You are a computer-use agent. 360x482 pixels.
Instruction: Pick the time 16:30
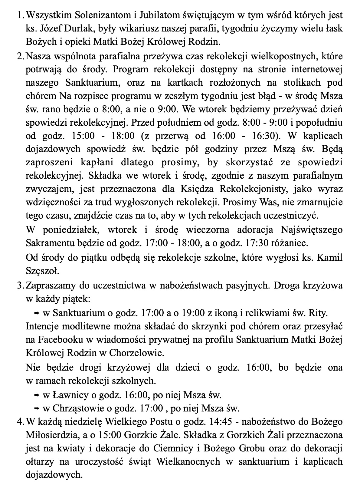[x=264, y=136]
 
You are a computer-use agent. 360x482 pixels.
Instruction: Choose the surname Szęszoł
[x=42, y=271]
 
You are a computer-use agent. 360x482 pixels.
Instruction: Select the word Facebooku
[x=60, y=340]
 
